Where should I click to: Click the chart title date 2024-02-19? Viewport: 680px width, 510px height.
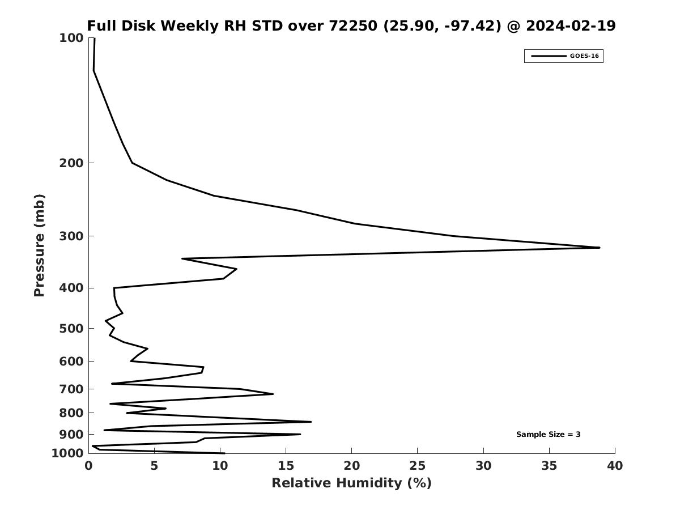pos(571,26)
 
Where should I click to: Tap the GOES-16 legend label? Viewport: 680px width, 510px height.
pos(584,56)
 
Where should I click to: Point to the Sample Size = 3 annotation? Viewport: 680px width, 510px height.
pos(548,435)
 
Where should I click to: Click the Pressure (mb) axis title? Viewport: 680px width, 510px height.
pos(39,245)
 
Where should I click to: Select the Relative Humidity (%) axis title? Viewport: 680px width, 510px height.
pos(351,483)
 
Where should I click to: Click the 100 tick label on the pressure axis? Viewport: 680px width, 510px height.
pos(71,38)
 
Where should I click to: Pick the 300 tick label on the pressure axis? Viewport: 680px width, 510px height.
pos(71,236)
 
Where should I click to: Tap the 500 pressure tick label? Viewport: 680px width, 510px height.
pos(71,329)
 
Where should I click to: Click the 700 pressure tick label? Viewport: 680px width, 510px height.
pos(71,389)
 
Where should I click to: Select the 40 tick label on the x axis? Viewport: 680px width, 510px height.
pos(615,466)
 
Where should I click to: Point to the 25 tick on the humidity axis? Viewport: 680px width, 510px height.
pos(418,466)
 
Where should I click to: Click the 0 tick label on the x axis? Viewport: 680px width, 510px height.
pos(88,466)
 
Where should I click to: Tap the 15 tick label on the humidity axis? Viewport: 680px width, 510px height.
pos(286,466)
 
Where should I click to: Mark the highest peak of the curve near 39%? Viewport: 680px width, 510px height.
pos(599,248)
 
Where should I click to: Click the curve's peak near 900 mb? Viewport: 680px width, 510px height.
pos(300,435)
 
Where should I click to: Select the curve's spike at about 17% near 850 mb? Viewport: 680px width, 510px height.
pos(311,422)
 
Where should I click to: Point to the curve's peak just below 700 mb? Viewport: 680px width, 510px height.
pos(273,394)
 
